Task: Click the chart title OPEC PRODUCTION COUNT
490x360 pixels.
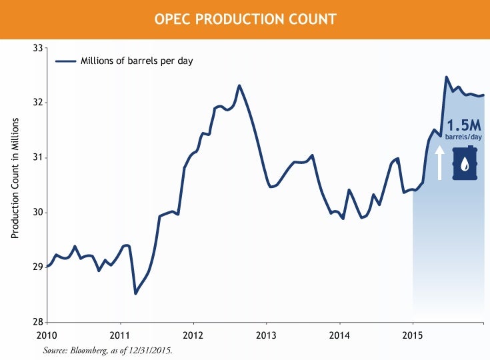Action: click(x=245, y=19)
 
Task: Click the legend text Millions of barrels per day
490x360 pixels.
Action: click(x=137, y=61)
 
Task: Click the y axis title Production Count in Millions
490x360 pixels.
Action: click(x=15, y=178)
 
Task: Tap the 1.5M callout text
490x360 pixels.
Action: click(x=464, y=125)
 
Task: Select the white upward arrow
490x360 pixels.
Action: click(x=439, y=163)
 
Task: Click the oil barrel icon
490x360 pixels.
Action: click(x=465, y=163)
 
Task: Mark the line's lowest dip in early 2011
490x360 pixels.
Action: click(x=136, y=293)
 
